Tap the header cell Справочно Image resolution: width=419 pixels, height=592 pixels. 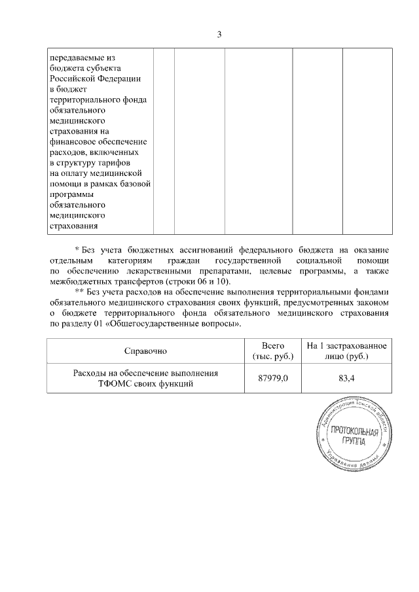145,351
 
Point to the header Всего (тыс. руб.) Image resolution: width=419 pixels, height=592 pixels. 271,351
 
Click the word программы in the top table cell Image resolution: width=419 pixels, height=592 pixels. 71,194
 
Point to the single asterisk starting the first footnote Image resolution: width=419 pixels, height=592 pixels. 77,251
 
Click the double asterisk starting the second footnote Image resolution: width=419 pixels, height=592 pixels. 79,292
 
